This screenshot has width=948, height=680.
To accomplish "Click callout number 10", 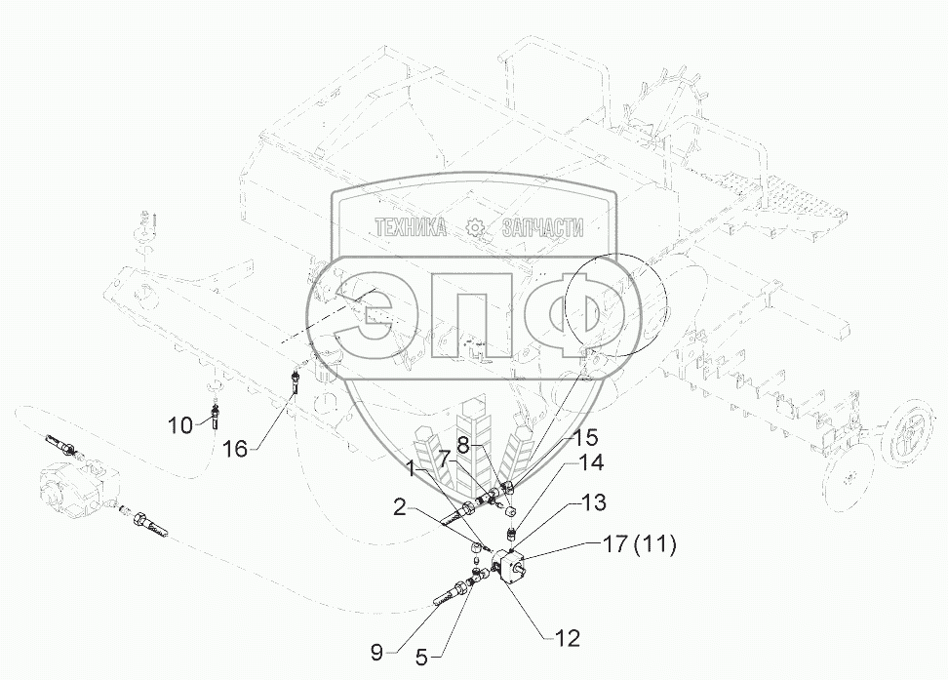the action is [180, 425].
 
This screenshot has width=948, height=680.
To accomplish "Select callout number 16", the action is [236, 449].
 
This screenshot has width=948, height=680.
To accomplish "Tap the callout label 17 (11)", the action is [639, 544].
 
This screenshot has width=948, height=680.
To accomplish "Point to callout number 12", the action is [567, 638].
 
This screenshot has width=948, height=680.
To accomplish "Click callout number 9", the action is [377, 653].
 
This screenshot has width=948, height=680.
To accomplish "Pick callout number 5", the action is [422, 657].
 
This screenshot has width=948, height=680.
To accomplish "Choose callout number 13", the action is [595, 502].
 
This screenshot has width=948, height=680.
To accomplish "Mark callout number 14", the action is [592, 462].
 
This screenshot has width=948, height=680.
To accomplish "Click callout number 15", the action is [584, 437].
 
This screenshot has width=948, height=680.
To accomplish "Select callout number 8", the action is [463, 446].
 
